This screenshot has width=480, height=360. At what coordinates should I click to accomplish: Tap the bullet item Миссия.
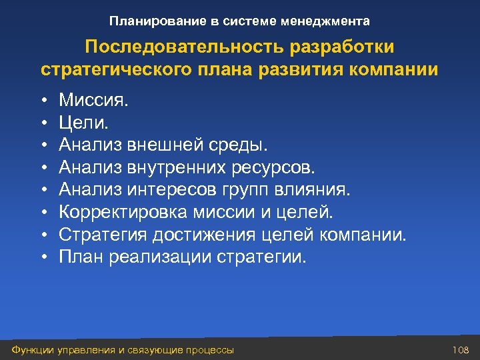[x=93, y=101]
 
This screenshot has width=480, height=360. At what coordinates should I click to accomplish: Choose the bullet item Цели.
[x=83, y=123]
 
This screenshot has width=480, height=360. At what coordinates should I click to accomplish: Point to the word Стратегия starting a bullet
[x=103, y=235]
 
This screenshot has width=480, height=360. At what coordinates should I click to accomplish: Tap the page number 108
[x=461, y=350]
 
